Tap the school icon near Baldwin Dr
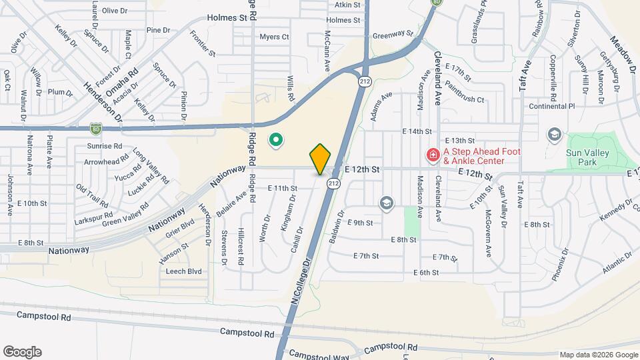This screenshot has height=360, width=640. [386, 202]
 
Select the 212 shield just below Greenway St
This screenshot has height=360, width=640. [364, 81]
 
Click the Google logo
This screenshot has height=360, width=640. [22, 351]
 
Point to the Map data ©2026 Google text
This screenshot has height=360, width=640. [598, 355]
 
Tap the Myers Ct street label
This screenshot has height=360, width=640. [274, 37]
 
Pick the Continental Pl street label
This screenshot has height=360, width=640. [551, 106]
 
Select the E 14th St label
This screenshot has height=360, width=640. [417, 131]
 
